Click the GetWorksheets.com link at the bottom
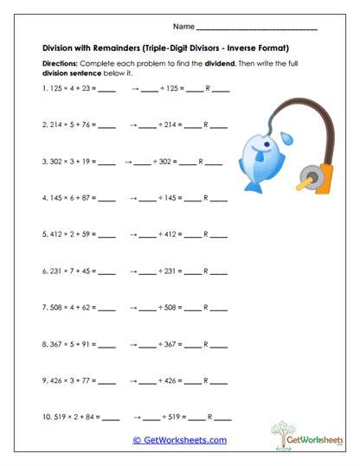click(x=179, y=440)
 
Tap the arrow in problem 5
click(x=134, y=233)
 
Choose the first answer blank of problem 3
click(x=106, y=161)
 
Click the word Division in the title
click(x=60, y=48)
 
